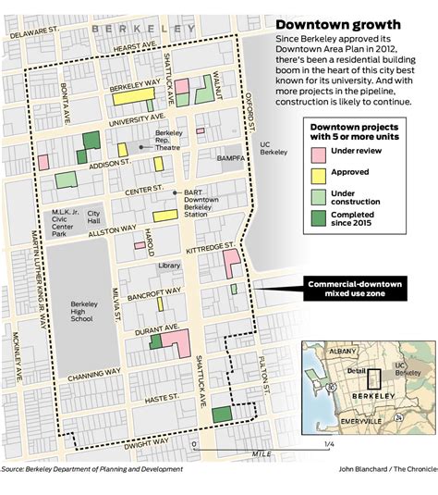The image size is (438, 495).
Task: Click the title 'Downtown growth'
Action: pos(337,24)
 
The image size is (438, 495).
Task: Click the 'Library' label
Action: pos(169,266)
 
